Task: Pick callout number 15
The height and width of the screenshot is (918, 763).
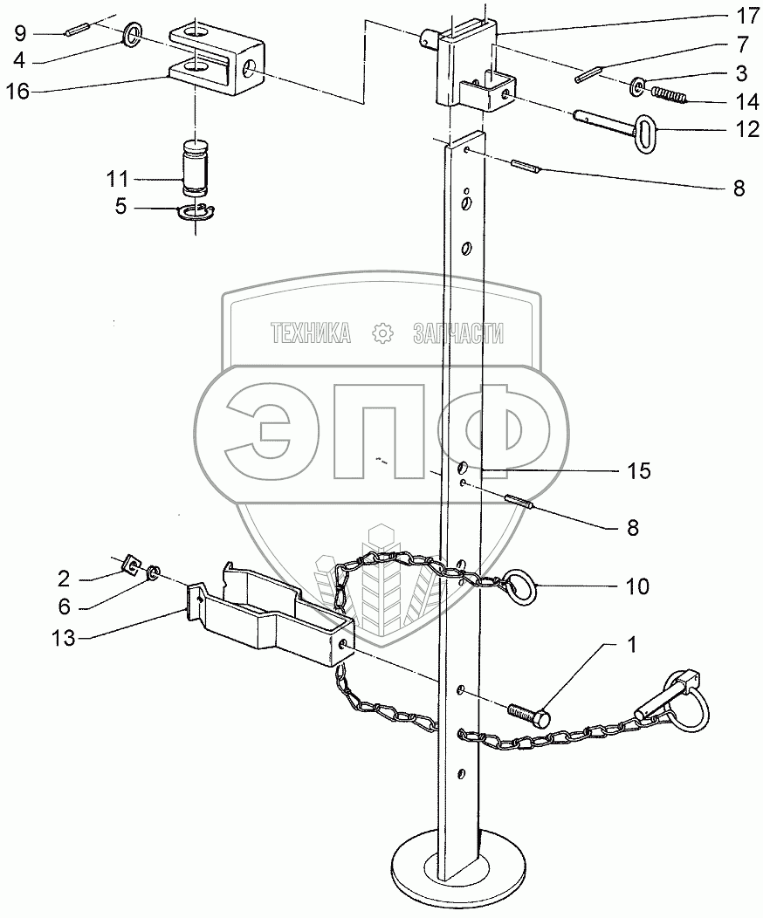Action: (638, 471)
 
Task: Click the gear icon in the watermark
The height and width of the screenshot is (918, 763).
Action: (380, 332)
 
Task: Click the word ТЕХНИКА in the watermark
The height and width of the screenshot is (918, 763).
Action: (311, 332)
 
